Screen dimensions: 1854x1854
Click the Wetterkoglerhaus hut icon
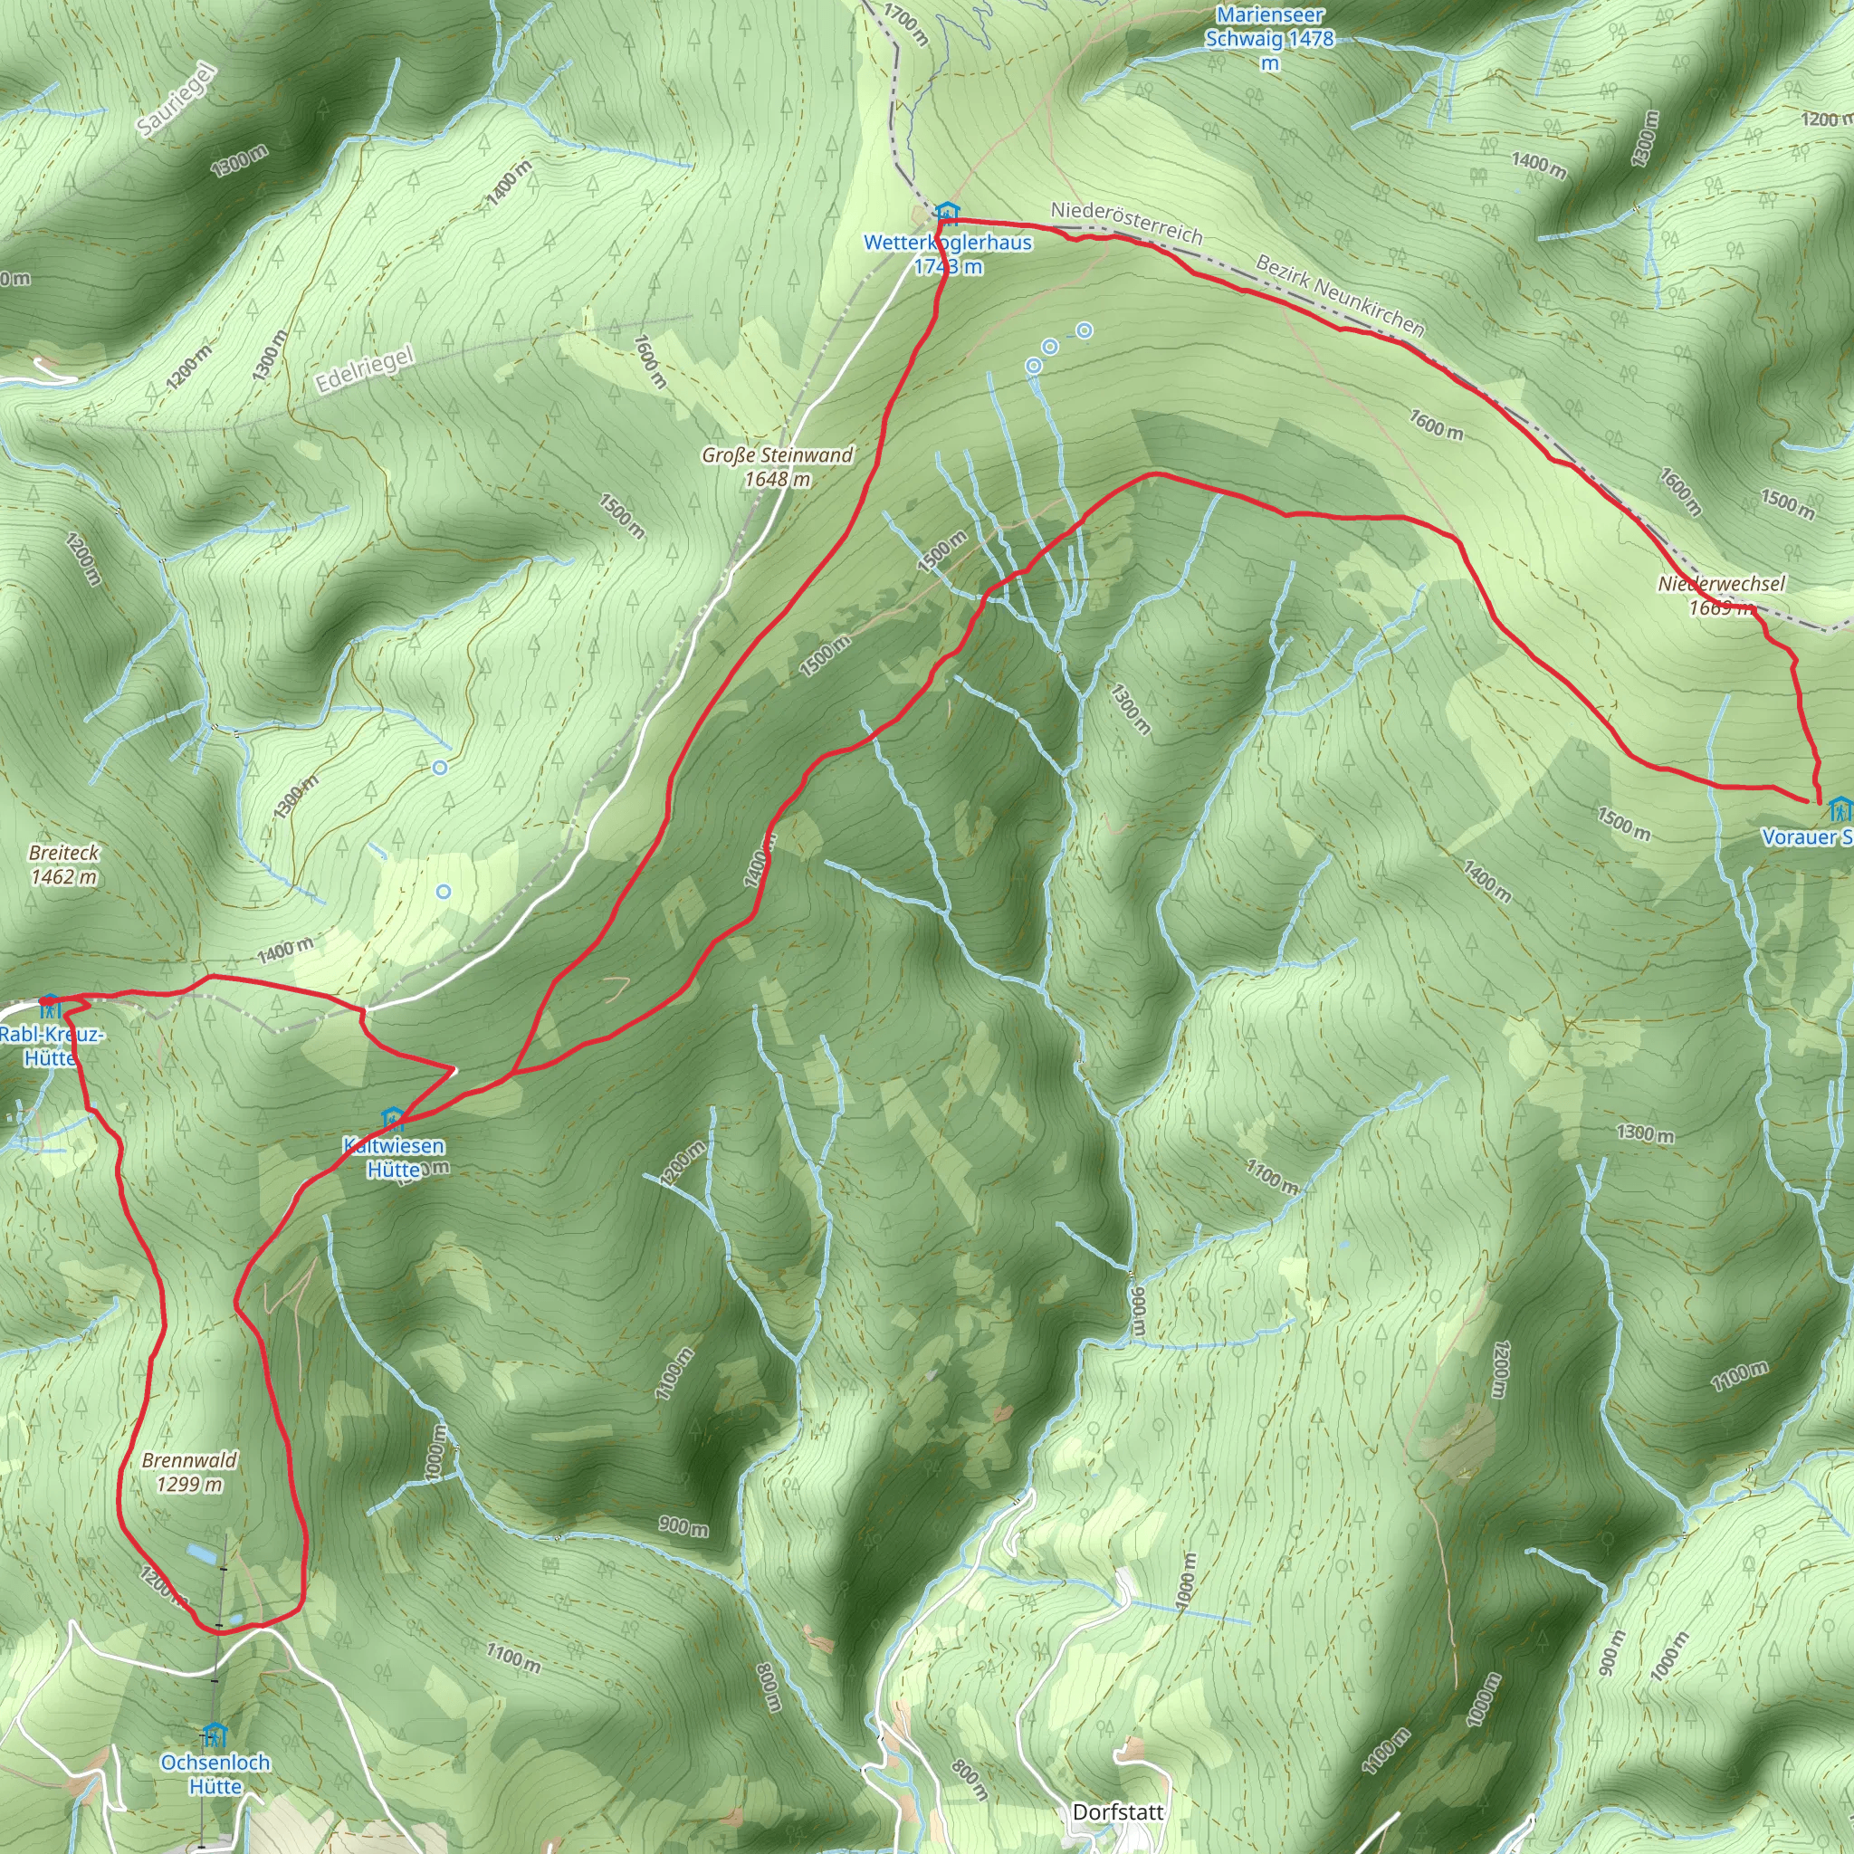point(946,212)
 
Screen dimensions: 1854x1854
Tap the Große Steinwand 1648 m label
point(777,466)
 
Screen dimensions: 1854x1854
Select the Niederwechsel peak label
point(1722,595)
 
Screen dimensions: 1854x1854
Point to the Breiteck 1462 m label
point(63,864)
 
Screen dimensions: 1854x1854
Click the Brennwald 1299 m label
point(189,1471)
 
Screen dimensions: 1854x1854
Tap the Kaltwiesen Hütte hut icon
point(391,1117)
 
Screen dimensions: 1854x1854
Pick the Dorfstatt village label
point(1118,1811)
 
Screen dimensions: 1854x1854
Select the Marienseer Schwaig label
point(1269,38)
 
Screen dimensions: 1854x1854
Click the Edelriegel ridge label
point(365,369)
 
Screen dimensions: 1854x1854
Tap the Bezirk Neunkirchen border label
point(1340,294)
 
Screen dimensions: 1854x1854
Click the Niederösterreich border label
point(1126,222)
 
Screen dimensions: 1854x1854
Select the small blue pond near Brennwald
point(201,1551)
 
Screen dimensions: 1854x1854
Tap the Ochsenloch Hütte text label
point(215,1774)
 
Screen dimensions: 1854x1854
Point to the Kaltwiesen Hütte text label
point(394,1157)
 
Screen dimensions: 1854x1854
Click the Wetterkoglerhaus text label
point(947,254)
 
